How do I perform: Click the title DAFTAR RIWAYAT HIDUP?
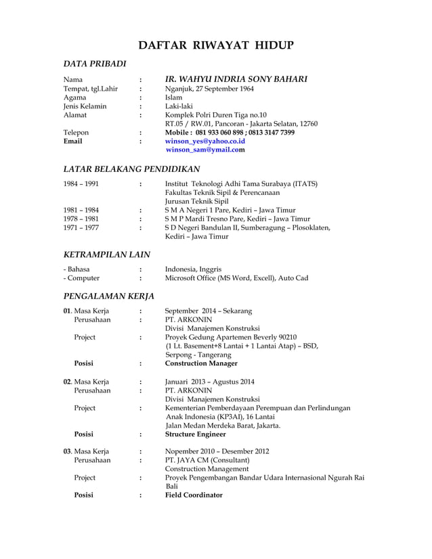click(x=216, y=45)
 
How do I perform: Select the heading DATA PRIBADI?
click(x=95, y=64)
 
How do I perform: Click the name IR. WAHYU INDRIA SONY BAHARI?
click(x=236, y=79)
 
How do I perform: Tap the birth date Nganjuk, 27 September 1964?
click(x=209, y=89)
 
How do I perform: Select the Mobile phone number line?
click(x=230, y=133)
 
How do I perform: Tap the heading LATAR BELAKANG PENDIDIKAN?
click(x=131, y=169)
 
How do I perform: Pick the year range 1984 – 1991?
click(x=81, y=183)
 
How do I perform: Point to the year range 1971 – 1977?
click(x=81, y=227)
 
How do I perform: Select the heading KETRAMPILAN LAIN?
click(x=106, y=254)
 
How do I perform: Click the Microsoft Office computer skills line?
click(x=236, y=278)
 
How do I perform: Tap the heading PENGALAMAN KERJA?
click(x=108, y=296)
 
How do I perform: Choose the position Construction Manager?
click(x=201, y=363)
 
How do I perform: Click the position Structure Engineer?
click(x=196, y=434)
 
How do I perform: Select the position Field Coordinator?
click(x=194, y=495)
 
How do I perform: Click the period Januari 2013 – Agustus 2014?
click(x=210, y=381)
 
